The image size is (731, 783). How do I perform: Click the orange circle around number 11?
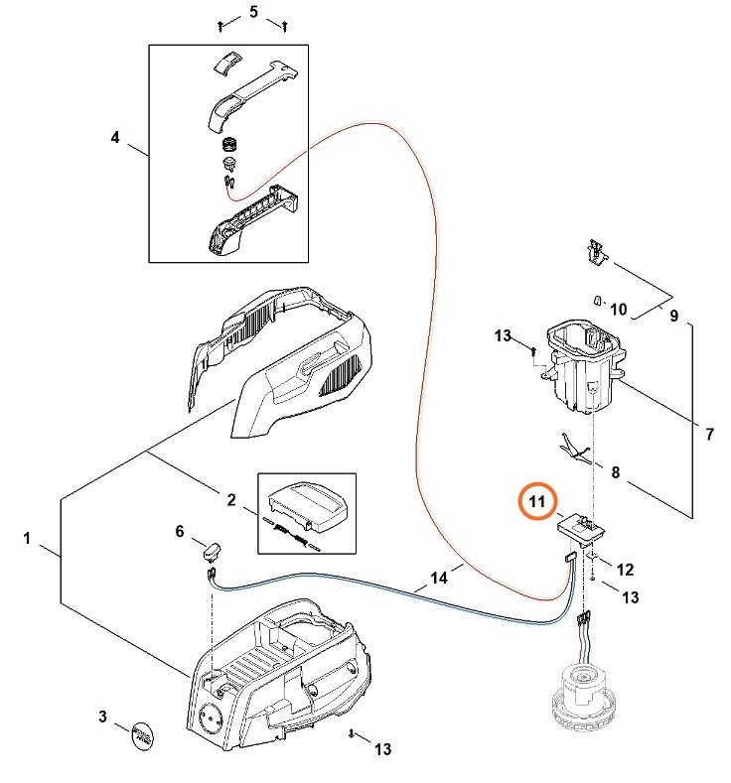[536, 502]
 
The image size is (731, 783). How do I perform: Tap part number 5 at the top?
[253, 12]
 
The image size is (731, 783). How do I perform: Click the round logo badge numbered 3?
[145, 735]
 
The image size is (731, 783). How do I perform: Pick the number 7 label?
[710, 434]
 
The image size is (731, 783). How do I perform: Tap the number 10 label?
[618, 310]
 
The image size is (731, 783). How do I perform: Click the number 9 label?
[674, 318]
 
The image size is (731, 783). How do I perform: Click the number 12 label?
[625, 570]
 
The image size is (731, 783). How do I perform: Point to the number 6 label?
[180, 532]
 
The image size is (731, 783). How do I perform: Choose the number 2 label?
[231, 500]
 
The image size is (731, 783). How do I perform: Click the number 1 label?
[28, 539]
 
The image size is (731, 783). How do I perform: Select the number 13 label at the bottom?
[382, 749]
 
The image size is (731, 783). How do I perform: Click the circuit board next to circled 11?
[578, 527]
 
